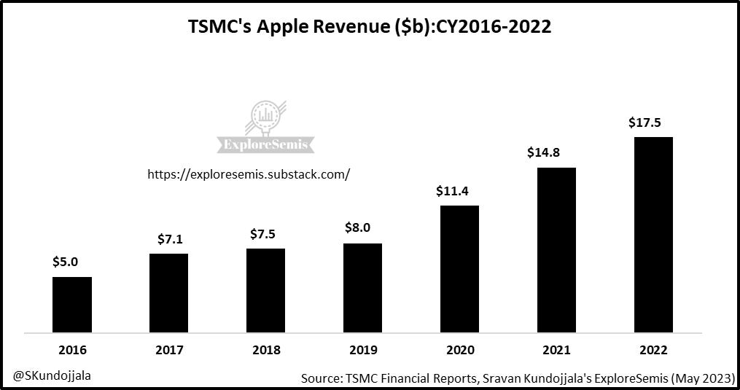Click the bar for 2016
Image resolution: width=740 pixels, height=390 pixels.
[71, 305]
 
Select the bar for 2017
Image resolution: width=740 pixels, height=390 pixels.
[168, 293]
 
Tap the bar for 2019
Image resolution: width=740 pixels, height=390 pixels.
[362, 288]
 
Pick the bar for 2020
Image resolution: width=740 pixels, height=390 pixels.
[459, 269]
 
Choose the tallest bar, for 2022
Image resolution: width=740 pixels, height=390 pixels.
[653, 235]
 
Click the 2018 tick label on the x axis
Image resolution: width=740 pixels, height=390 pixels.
[265, 350]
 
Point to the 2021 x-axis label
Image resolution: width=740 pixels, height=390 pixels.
[556, 350]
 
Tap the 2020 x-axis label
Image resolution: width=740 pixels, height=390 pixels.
[459, 350]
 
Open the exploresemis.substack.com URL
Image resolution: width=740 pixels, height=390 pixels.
[249, 174]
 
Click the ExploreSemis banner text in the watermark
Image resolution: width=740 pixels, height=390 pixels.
[265, 144]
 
